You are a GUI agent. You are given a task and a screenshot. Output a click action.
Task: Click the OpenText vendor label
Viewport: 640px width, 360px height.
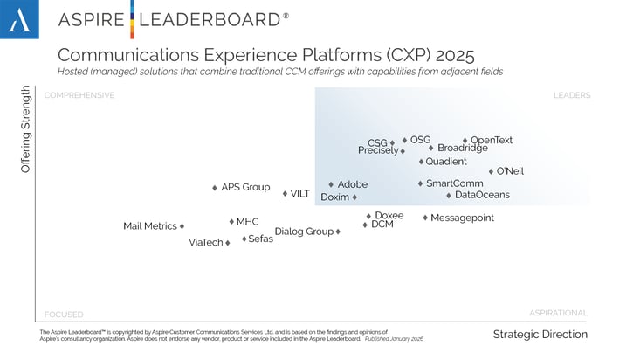[492, 140]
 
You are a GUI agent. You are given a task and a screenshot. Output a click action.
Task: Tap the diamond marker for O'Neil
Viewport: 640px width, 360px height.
[491, 171]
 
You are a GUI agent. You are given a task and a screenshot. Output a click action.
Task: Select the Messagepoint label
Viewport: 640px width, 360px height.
[462, 218]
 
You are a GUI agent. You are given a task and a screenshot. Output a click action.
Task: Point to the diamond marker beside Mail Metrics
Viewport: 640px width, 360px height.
[182, 226]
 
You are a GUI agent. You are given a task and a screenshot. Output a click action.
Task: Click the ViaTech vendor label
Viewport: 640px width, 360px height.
[206, 243]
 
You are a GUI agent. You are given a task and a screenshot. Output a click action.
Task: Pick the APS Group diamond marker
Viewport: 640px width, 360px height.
[215, 188]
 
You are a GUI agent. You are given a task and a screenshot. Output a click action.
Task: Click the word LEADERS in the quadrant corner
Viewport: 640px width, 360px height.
[571, 95]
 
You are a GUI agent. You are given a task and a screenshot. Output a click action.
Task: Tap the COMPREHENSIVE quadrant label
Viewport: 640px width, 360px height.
[79, 95]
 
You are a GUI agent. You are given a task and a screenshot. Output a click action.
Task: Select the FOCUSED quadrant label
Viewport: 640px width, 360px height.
[64, 314]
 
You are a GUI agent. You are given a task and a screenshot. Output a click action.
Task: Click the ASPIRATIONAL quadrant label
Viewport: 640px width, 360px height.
[558, 312]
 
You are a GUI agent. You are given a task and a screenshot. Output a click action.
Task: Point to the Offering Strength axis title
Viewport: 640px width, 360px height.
[25, 128]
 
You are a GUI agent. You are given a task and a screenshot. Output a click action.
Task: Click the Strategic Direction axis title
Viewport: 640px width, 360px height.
[540, 335]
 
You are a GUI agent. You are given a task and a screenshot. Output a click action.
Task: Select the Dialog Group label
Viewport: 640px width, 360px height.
[304, 232]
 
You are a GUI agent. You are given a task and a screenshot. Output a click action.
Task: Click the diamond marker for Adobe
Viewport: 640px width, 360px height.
[331, 184]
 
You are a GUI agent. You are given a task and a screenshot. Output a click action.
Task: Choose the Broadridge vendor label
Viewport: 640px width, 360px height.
[463, 149]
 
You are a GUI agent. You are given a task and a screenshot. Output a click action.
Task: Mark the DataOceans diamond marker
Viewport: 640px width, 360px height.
[449, 195]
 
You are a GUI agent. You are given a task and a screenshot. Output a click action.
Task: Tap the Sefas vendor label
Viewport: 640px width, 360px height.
[260, 239]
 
